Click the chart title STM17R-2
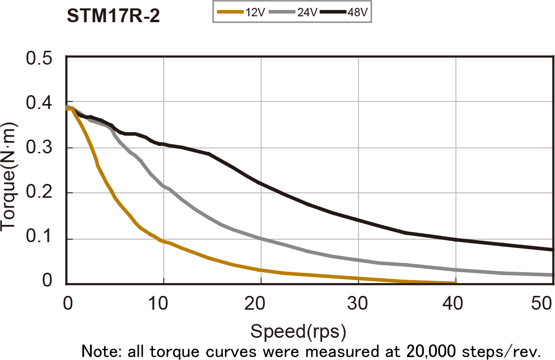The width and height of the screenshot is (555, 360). pos(113,16)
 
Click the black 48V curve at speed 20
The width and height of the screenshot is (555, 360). pos(260,183)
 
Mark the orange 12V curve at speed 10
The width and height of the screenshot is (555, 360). pos(163,241)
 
